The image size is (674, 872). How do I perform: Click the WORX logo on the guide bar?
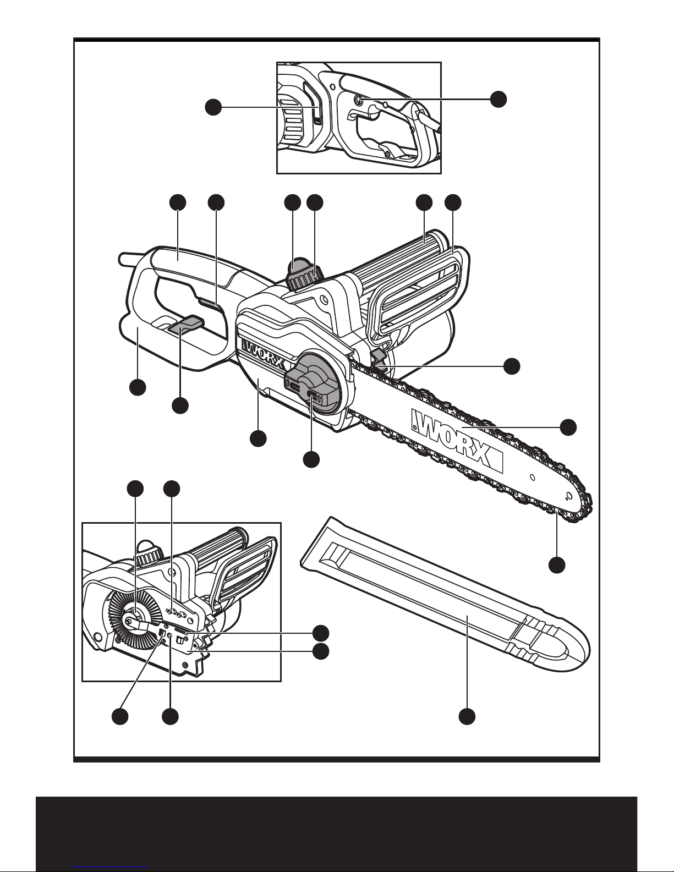pos(457,440)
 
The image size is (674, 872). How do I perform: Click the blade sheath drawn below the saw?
pos(445,597)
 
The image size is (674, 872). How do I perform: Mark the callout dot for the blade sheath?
pos(467,716)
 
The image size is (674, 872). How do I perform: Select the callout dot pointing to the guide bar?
pos(568,427)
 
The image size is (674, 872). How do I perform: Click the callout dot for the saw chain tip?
pos(557,565)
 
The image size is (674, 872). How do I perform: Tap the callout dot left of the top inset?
pos(213,107)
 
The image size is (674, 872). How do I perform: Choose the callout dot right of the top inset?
pos(498,98)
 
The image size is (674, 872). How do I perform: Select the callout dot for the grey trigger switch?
pos(180,405)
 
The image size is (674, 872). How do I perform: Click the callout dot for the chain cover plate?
pos(258,438)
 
